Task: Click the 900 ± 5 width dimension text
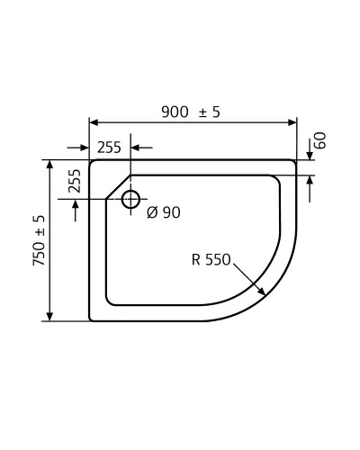(191, 112)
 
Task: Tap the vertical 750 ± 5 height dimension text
(39, 240)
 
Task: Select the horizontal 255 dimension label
(109, 148)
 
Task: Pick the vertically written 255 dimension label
(75, 181)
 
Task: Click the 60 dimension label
(320, 140)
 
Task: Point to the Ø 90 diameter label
(164, 212)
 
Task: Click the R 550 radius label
(211, 259)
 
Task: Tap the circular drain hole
(130, 199)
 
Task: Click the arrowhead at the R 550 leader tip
(261, 291)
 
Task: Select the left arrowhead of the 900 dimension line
(94, 122)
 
